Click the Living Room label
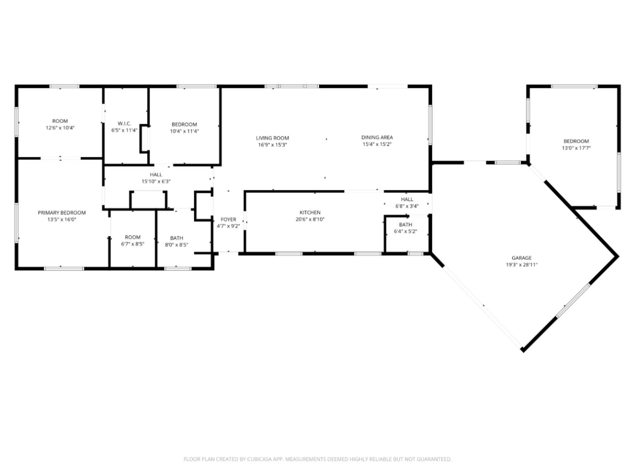tap(272, 138)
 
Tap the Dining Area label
tap(377, 137)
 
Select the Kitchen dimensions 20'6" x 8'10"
tap(310, 219)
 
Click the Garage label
tap(521, 258)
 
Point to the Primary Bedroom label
tap(62, 213)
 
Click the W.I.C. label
tap(124, 124)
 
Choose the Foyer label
tap(228, 219)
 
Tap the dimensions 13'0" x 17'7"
tap(576, 148)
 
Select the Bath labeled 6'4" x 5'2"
tap(405, 225)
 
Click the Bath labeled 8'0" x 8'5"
tap(176, 238)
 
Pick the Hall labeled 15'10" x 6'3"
tap(156, 174)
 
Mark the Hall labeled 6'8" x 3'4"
tap(407, 199)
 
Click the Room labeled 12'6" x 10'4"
tap(60, 121)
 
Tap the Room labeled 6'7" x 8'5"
tap(132, 237)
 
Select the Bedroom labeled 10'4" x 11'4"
tap(184, 124)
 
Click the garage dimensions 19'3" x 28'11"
tap(521, 265)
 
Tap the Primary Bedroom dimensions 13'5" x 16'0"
tap(62, 219)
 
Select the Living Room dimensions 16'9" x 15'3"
tap(272, 145)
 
